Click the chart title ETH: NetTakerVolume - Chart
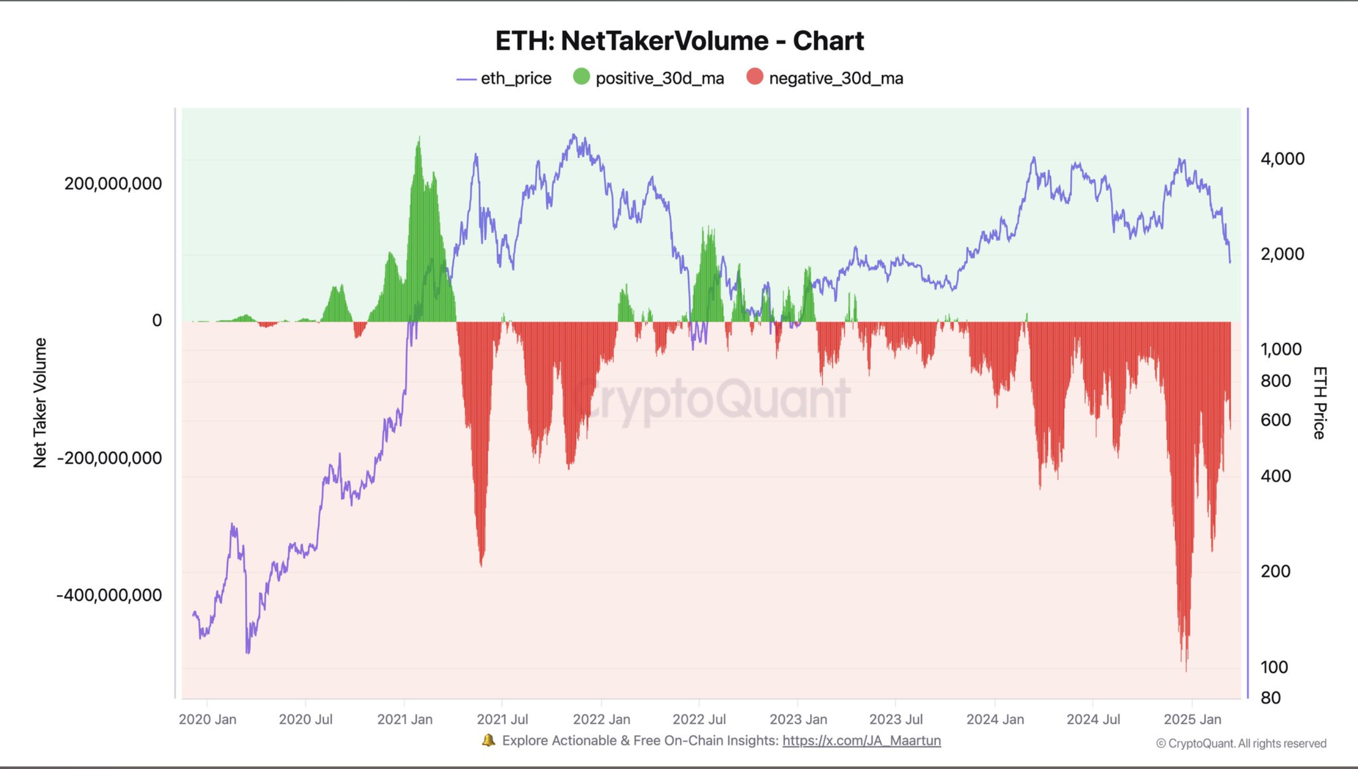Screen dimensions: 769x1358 tap(679, 41)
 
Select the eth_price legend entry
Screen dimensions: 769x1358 tap(504, 79)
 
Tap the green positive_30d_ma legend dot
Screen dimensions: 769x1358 tap(581, 77)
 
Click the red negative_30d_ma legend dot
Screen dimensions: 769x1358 tap(754, 77)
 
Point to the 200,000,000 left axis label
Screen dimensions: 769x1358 tap(113, 183)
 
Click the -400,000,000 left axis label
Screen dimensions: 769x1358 tap(109, 595)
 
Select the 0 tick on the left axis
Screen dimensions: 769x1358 tap(157, 320)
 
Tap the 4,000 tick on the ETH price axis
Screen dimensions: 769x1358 tap(1282, 158)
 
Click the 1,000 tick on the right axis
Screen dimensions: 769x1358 tap(1280, 349)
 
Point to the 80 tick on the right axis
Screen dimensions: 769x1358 tap(1270, 697)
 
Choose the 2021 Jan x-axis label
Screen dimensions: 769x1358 tap(405, 719)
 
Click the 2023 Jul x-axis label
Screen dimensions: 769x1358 tap(896, 719)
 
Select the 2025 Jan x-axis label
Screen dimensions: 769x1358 tap(1192, 719)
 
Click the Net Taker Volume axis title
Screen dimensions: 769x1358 tap(40, 403)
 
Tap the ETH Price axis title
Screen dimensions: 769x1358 tap(1320, 403)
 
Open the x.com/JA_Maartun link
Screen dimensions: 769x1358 tap(861, 741)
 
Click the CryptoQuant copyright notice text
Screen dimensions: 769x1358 tap(1240, 743)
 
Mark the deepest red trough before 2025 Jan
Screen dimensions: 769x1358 tap(1186, 668)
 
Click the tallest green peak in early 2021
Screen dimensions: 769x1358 tap(419, 140)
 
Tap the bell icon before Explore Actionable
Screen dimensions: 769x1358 tap(488, 740)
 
